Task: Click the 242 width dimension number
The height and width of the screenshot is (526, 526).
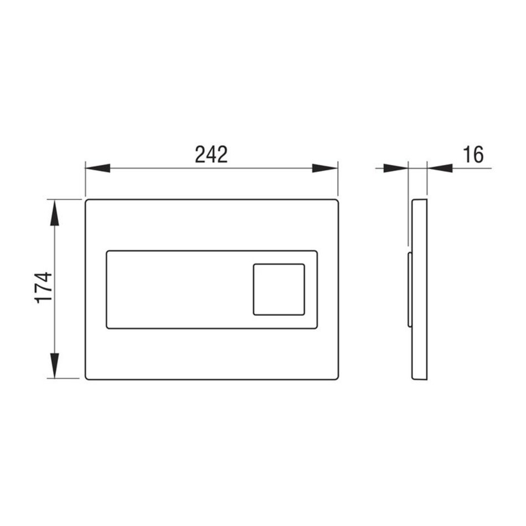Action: click(212, 154)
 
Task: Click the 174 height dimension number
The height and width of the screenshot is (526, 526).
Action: click(44, 288)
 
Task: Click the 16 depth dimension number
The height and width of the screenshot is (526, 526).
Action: click(473, 154)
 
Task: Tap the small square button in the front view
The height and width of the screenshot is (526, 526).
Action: click(279, 290)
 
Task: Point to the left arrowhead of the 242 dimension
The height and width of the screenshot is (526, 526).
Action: click(97, 168)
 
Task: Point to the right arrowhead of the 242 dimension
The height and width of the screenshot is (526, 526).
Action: click(324, 168)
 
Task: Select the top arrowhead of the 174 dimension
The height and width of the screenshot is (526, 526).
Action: click(54, 213)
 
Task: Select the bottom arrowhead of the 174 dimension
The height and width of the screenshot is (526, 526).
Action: click(54, 365)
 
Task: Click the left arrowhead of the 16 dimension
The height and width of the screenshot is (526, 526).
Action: click(395, 168)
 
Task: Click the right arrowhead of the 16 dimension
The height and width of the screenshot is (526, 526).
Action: click(440, 168)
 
